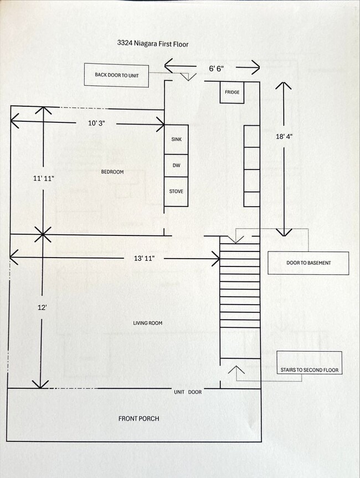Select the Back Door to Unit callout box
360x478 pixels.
116,75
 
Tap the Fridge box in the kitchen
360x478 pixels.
232,92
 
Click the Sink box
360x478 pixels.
177,140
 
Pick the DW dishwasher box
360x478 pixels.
177,166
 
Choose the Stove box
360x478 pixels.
177,192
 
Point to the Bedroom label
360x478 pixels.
112,172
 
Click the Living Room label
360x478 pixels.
147,323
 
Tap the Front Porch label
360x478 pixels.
138,418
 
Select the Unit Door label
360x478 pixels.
188,392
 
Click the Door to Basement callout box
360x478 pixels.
308,263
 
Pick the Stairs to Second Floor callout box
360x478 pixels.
309,370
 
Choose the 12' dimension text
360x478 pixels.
42,308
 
